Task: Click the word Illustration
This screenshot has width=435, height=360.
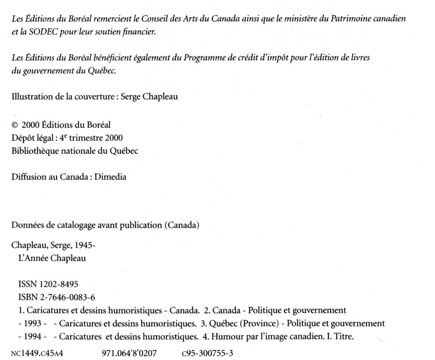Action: [x=32, y=98]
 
